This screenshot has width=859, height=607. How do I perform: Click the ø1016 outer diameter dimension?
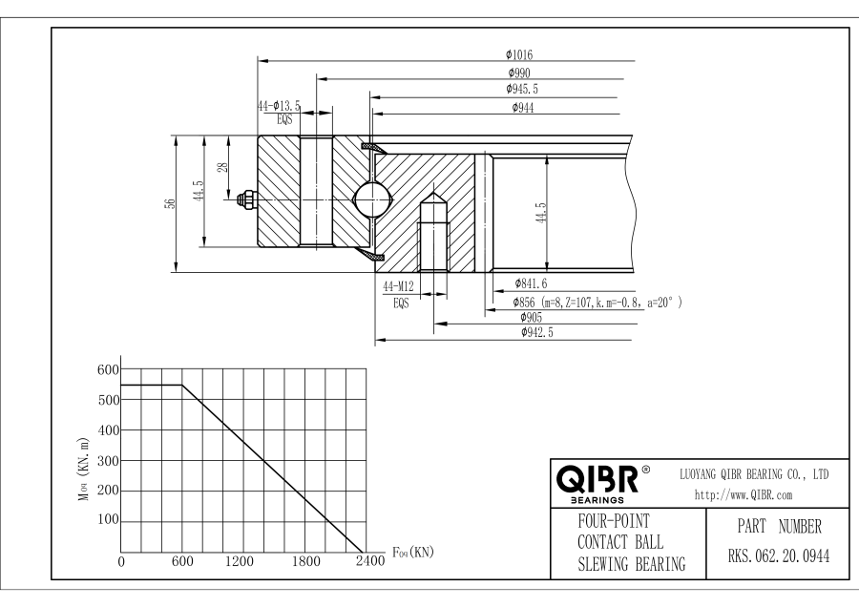(520, 54)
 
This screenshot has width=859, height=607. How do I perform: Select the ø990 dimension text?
(520, 73)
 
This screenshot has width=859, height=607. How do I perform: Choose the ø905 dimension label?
(532, 317)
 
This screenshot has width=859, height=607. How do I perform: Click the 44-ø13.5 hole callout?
(279, 107)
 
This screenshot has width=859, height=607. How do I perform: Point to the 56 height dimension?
(171, 203)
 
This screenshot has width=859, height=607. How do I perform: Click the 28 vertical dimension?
(223, 167)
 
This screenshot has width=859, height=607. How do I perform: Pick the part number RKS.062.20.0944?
(767, 557)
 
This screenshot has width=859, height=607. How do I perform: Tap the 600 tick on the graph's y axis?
(108, 370)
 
